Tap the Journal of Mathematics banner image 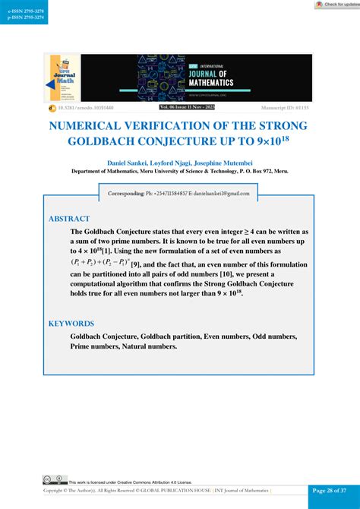[x=224, y=77]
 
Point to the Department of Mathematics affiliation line [x=179, y=172]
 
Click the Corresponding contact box [x=179, y=194]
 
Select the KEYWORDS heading [x=71, y=323]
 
